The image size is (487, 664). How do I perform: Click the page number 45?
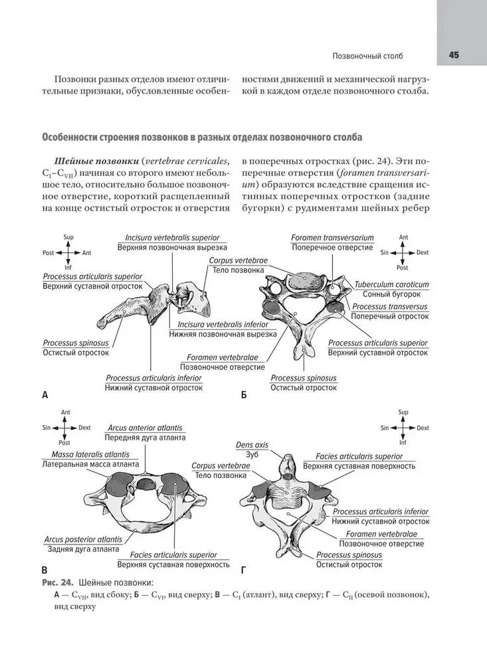coord(454,55)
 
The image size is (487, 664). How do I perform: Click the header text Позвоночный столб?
coord(367,56)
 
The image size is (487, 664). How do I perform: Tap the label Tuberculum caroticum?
coord(391,285)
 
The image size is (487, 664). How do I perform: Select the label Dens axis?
coord(252,445)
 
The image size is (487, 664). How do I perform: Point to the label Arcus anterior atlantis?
coord(145,428)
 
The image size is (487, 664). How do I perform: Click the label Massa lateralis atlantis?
coord(91,454)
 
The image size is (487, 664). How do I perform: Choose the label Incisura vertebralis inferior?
coord(223,325)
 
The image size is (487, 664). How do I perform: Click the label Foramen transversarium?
coord(332,238)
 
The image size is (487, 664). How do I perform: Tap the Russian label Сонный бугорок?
coord(391,294)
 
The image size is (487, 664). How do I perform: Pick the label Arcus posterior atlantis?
coord(83,540)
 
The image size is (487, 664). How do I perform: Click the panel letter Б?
coord(244,395)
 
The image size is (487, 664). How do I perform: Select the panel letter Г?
coord(243,570)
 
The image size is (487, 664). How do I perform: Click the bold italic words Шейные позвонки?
coord(96,161)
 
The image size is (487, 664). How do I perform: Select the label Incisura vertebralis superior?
coord(173,238)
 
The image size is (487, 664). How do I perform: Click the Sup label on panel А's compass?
coord(68,237)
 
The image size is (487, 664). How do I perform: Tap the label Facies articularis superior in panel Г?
coord(359,457)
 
